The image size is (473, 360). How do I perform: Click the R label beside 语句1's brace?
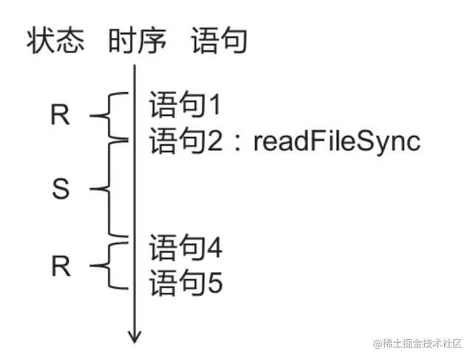pos(61,115)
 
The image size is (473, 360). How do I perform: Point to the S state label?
pos(61,190)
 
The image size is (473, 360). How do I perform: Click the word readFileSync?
pos(337,140)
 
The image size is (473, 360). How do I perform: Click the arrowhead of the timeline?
pos(135,337)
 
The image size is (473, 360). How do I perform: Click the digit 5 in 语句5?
pos(214,284)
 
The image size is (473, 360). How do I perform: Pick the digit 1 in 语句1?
pos(214,106)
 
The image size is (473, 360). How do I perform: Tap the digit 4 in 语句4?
pos(214,248)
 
